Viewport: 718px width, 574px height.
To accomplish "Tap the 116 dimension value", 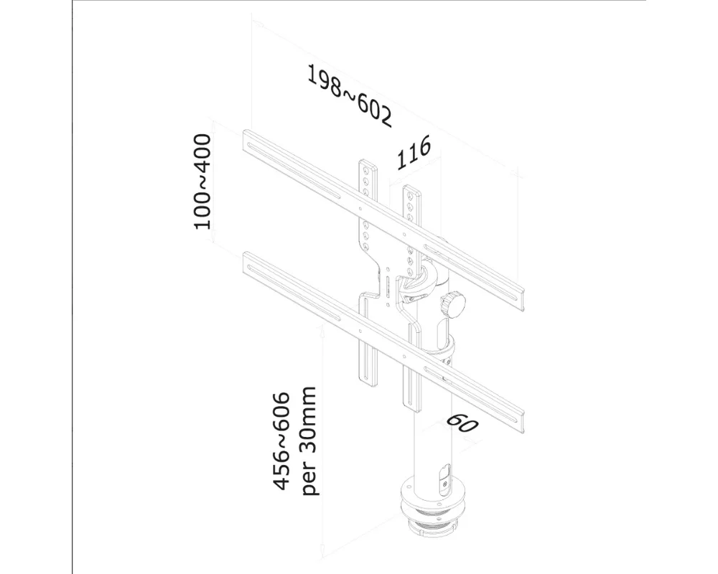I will pos(414,153).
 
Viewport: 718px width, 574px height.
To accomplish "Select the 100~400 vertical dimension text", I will pos(203,181).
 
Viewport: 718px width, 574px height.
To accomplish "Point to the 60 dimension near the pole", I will pos(462,423).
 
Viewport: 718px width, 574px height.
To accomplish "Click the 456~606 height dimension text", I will pos(282,441).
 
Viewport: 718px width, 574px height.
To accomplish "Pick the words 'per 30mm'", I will pos(309,441).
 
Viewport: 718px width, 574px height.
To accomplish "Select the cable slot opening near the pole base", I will pos(442,478).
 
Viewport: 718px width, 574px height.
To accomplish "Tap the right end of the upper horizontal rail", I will pos(520,295).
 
